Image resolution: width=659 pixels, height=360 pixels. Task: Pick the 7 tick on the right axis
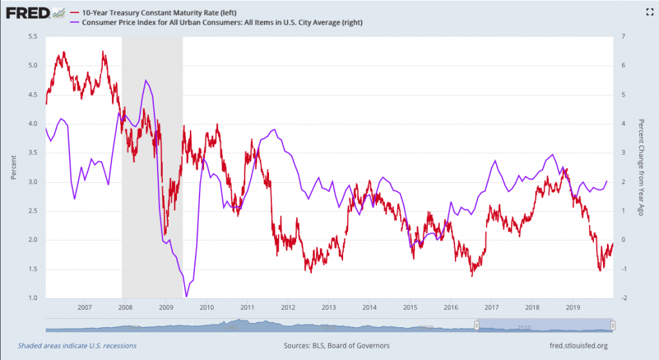[x=622, y=36]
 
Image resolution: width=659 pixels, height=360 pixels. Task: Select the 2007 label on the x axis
[x=84, y=307]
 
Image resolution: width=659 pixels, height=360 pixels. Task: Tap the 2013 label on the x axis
[x=329, y=307]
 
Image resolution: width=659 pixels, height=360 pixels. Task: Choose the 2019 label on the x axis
[x=573, y=307]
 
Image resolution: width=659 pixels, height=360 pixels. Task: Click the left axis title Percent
[x=13, y=167]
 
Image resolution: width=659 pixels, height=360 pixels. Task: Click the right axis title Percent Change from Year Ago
[x=640, y=167]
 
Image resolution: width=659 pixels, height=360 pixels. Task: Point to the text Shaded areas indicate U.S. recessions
[x=77, y=345]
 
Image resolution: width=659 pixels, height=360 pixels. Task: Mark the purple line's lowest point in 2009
[x=187, y=296]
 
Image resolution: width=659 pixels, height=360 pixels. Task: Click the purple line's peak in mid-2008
[x=146, y=80]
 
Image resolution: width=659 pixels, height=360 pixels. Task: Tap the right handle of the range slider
[x=613, y=325]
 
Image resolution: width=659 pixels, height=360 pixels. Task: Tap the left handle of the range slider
[x=477, y=325]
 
